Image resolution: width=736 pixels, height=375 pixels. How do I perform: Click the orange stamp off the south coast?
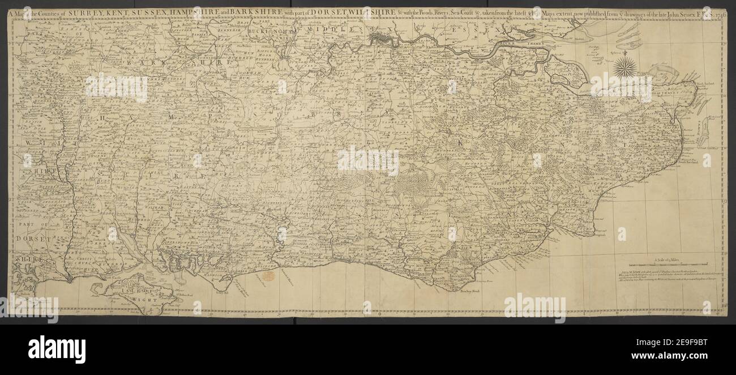coord(269,276)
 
